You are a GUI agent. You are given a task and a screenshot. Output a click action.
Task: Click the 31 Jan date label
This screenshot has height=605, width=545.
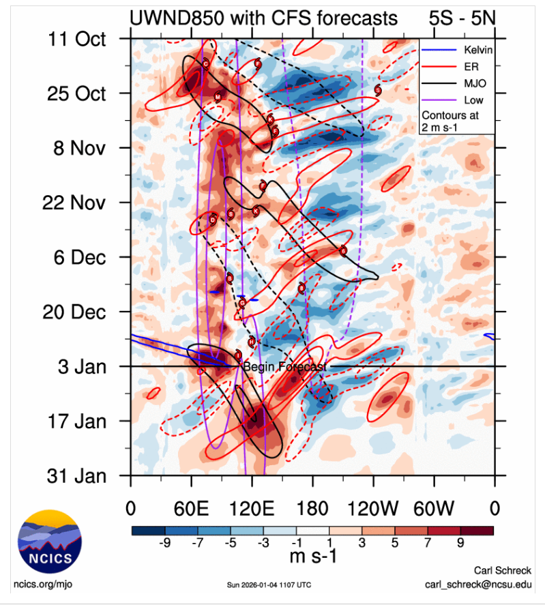(x=77, y=476)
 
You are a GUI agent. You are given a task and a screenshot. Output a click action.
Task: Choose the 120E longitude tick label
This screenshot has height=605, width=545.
(x=252, y=509)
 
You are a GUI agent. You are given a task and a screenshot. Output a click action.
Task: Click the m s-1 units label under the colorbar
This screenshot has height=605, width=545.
(x=313, y=556)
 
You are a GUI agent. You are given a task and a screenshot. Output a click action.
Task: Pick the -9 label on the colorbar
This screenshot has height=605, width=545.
(x=164, y=544)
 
